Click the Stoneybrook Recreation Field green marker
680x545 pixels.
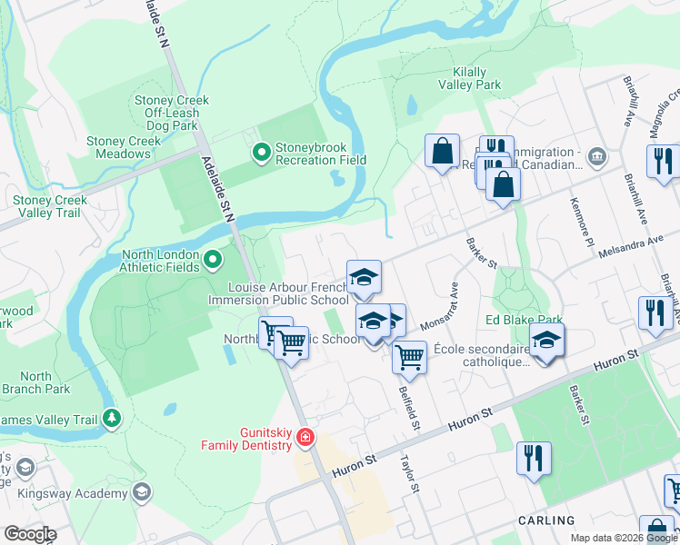pos(262,152)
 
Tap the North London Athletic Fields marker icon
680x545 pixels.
pos(213,262)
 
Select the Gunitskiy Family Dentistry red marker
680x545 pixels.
pos(305,438)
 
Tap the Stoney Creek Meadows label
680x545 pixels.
pos(124,147)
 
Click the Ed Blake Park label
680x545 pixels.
pos(524,321)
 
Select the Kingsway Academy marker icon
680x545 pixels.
pos(140,492)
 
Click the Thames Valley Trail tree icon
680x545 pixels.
pos(112,419)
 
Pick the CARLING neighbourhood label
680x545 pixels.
pos(546,520)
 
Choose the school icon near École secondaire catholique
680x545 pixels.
pos(546,340)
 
